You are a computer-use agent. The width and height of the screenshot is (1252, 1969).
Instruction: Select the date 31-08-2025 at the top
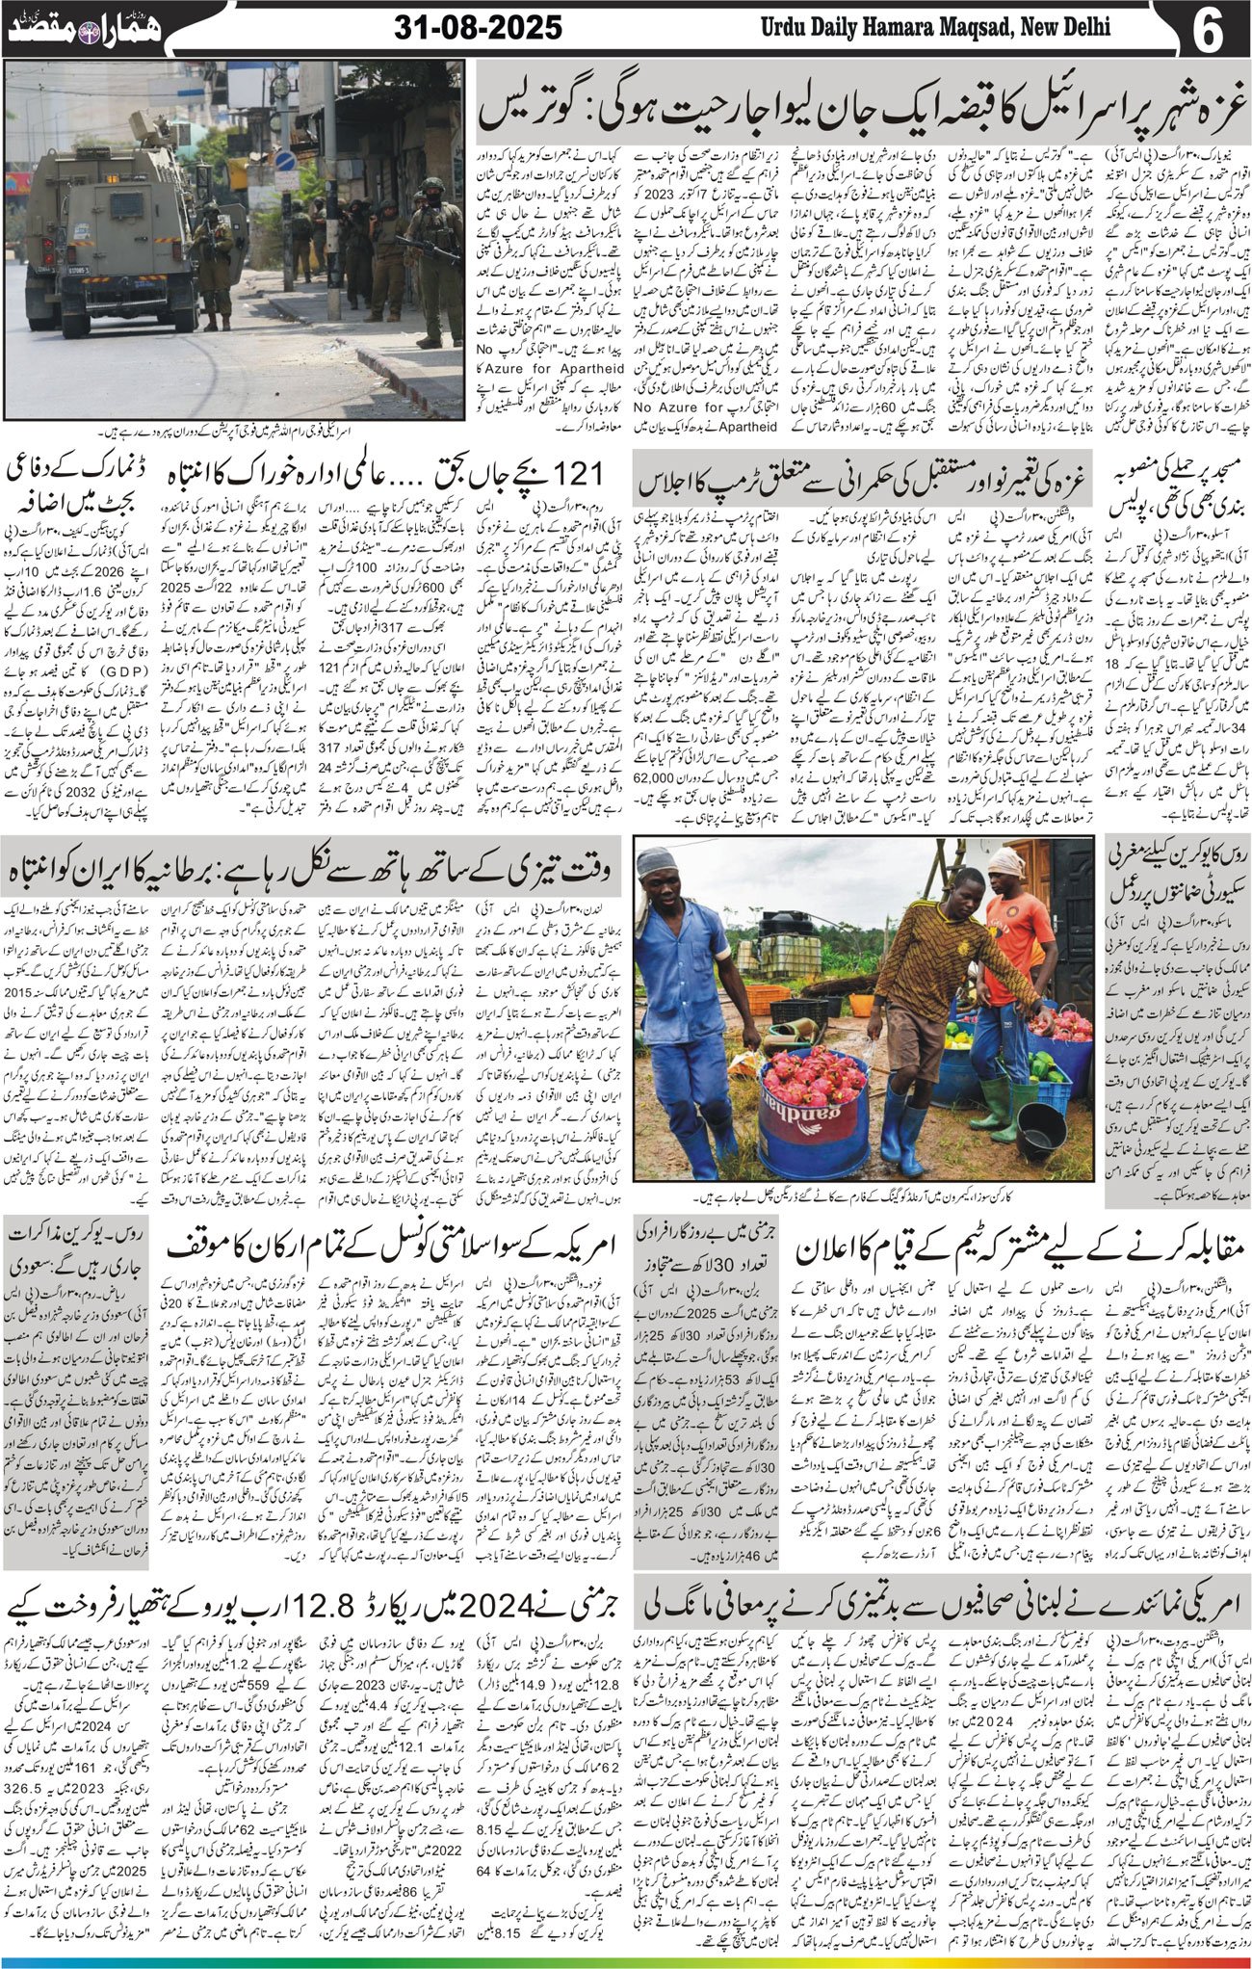click(x=479, y=29)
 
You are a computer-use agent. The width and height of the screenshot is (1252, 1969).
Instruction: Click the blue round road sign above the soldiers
click(x=285, y=161)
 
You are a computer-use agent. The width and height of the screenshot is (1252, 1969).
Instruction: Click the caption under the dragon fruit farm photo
click(x=862, y=1198)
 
